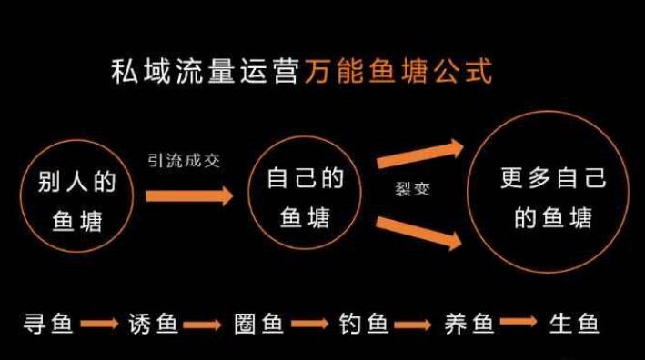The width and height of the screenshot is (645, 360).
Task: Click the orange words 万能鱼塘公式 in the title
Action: [x=398, y=72]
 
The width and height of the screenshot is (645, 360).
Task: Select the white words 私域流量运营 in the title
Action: [x=205, y=72]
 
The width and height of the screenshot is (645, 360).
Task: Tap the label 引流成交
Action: [x=184, y=161]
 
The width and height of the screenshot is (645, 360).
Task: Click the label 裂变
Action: [x=412, y=188]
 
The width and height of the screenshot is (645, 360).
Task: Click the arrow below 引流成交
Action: [x=189, y=195]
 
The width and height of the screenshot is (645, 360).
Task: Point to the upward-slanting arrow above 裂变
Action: [x=420, y=155]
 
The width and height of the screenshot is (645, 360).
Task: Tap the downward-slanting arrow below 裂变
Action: [x=419, y=233]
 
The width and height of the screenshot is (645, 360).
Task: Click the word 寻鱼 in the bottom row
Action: [x=47, y=324]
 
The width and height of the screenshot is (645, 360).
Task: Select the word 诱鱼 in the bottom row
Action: [x=153, y=324]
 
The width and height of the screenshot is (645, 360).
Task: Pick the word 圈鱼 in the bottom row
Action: [x=258, y=324]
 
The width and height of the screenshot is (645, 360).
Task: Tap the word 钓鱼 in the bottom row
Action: [x=364, y=324]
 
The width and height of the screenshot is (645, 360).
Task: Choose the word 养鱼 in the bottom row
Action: [x=469, y=324]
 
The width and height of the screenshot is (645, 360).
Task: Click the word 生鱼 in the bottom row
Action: [x=574, y=324]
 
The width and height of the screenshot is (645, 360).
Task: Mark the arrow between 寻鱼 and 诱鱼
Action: [x=99, y=324]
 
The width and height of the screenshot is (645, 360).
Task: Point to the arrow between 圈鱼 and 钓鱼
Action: [x=309, y=324]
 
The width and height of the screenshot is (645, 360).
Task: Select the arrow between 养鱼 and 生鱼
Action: [x=519, y=321]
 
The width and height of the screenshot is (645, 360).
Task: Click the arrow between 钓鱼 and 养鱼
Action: [x=413, y=325]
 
